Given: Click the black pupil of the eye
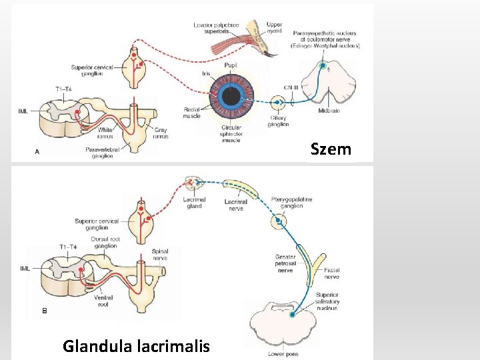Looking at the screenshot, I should (x=231, y=97).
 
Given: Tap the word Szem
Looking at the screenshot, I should (x=331, y=149).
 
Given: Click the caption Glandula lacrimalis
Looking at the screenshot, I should (x=136, y=346).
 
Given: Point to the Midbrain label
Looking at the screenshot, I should (x=329, y=111).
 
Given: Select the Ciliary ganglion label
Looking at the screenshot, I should (x=277, y=121).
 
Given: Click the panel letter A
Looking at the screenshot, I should (x=37, y=152).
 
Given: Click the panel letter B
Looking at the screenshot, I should (x=45, y=310).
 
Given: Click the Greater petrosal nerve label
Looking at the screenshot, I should (x=285, y=264).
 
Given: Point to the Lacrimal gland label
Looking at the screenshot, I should (x=195, y=203).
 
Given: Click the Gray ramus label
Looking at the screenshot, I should (x=160, y=133).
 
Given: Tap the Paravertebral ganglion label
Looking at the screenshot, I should (x=102, y=153).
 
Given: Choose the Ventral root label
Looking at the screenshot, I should (x=103, y=301).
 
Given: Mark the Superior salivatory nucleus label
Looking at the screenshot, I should (x=327, y=301).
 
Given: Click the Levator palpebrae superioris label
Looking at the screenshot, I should (x=216, y=29).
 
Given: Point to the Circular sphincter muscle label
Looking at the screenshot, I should (x=231, y=134).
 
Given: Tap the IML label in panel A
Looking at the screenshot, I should (x=23, y=111).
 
